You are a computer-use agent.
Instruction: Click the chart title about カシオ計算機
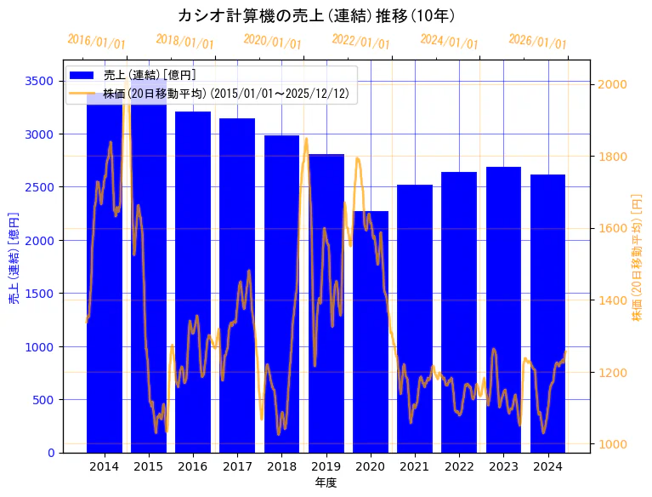pyautogui.click(x=317, y=15)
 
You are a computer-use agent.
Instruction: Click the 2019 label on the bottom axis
pyautogui.click(x=326, y=466)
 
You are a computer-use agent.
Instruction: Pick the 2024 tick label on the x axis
pyautogui.click(x=547, y=466)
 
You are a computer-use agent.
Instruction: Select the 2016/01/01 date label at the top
pyautogui.click(x=96, y=42)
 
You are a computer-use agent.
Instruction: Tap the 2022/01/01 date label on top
pyautogui.click(x=361, y=42)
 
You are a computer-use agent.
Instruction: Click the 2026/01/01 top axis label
pyautogui.click(x=537, y=42)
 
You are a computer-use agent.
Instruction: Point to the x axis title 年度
pyautogui.click(x=326, y=483)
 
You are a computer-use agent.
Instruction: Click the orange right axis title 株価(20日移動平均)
pyautogui.click(x=637, y=256)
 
